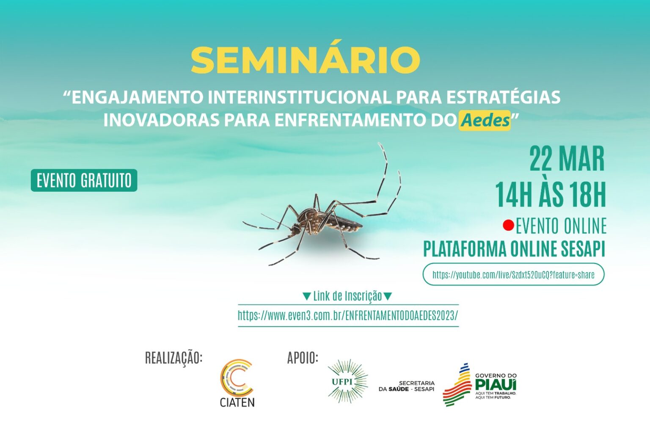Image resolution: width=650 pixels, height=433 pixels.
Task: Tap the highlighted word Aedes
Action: pos(485,120)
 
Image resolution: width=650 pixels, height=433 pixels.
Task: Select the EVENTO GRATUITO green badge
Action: pos(84,180)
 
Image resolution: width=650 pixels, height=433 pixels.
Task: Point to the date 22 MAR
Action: pos(567,159)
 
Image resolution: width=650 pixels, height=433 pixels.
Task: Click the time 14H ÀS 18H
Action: pos(551,194)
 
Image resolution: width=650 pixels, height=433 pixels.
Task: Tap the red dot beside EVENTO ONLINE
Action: pos(508,226)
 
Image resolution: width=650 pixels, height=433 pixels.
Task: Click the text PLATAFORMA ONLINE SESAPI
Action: pos(514,249)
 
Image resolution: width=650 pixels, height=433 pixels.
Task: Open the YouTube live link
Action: pos(513,275)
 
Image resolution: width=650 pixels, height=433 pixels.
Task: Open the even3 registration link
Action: pos(348,315)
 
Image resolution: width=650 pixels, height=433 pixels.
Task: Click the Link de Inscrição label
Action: pos(347,296)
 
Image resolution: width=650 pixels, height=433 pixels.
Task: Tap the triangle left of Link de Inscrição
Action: pos(306,296)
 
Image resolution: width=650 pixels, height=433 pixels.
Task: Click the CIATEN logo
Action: pos(237,383)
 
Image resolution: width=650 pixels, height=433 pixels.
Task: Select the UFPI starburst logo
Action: pos(347,381)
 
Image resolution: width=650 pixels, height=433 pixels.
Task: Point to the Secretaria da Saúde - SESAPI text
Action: pos(407,386)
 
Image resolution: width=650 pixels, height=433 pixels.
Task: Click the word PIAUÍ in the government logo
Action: pos(496,385)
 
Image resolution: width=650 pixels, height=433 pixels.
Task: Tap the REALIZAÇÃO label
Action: pos(174,358)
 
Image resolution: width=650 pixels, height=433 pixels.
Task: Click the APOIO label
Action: pos(303,358)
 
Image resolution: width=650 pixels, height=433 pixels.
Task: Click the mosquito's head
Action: pos(296,229)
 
